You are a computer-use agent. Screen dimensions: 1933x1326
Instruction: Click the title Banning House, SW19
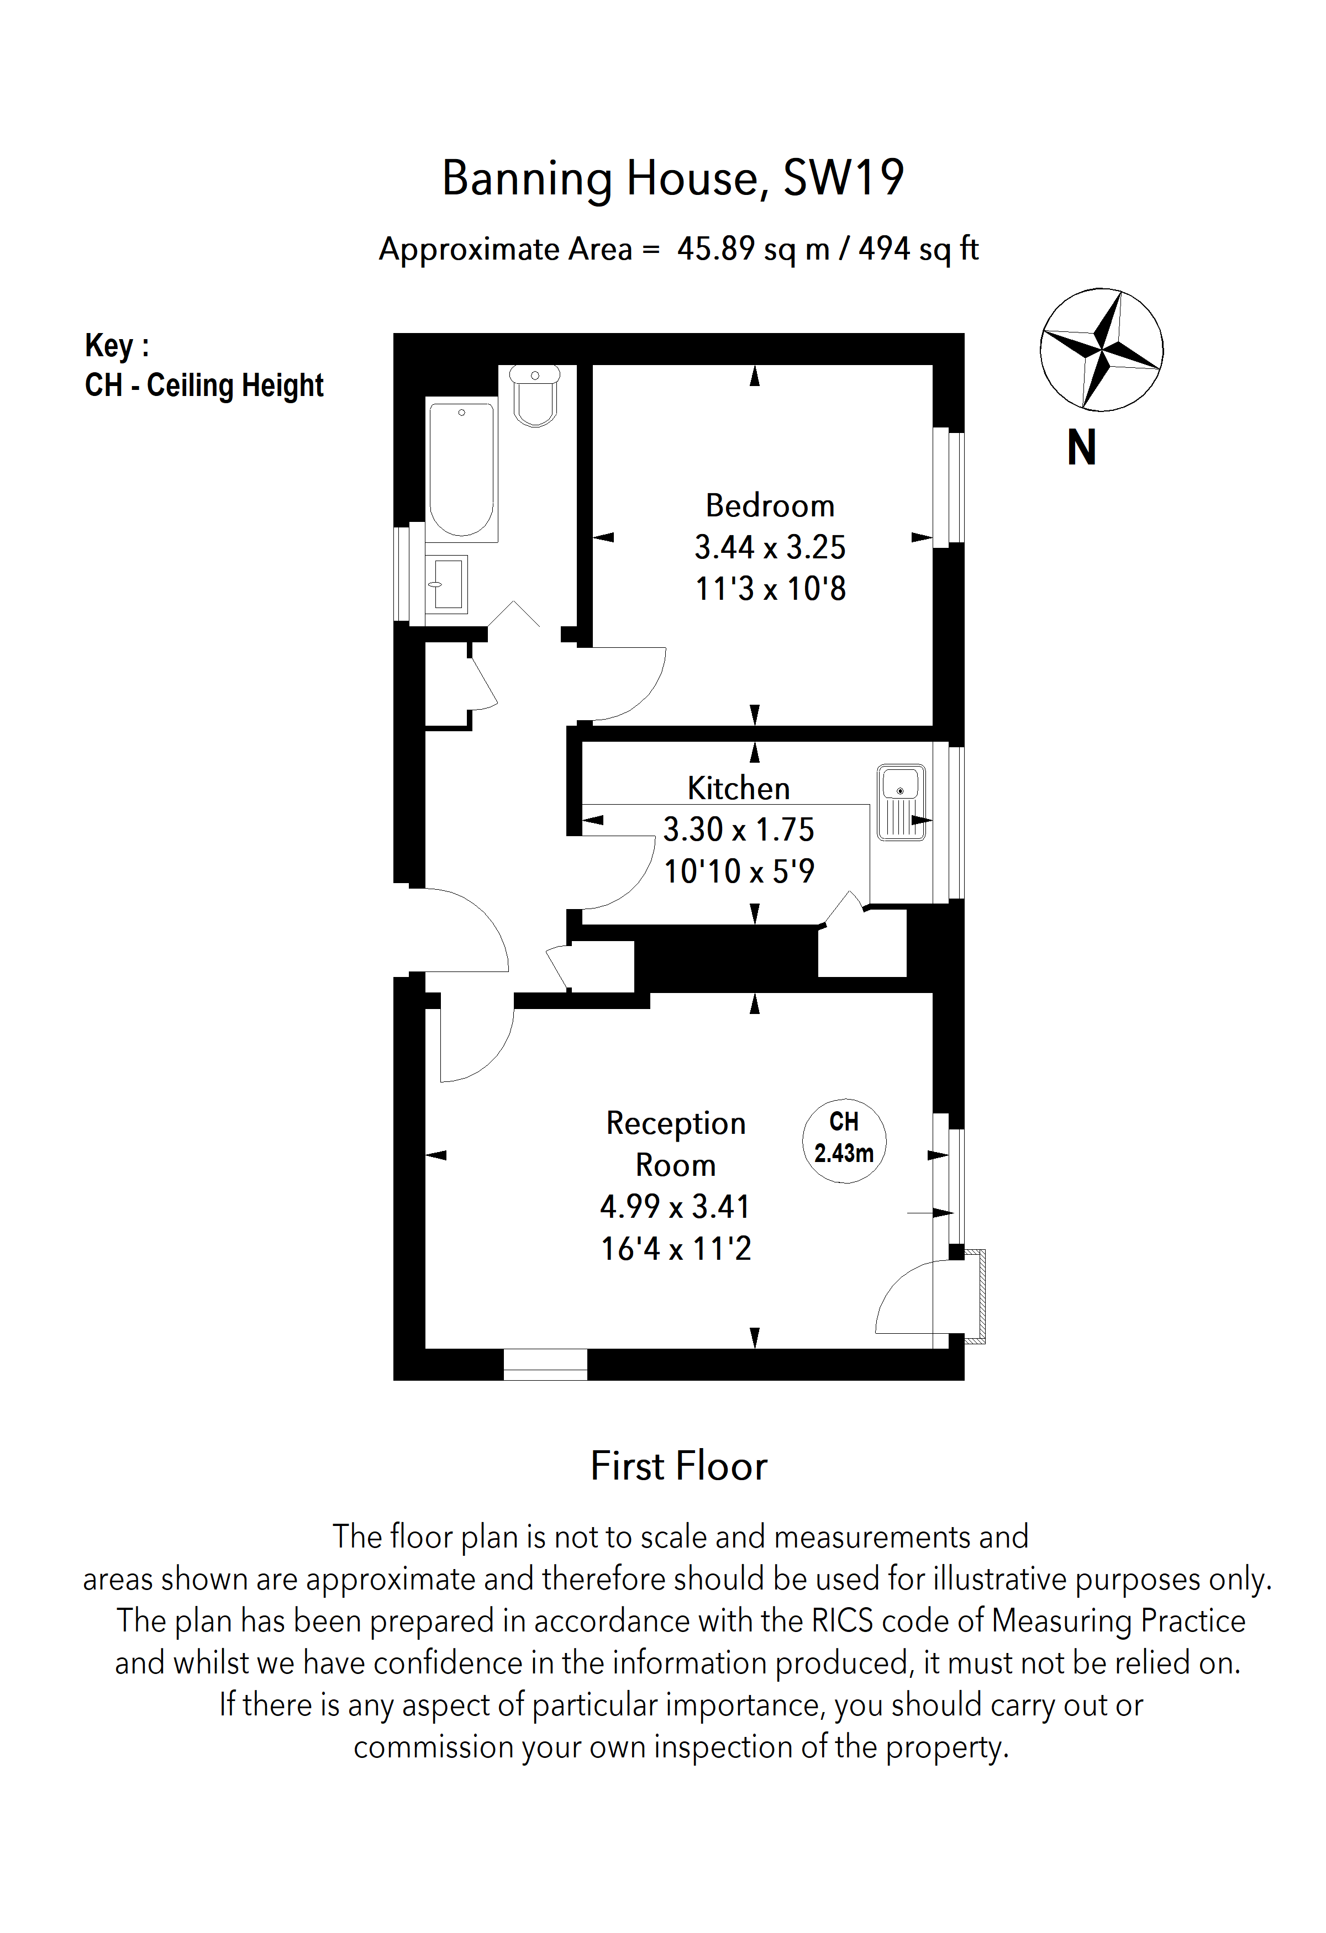[672, 178]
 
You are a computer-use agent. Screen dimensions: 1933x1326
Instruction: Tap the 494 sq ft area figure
[918, 249]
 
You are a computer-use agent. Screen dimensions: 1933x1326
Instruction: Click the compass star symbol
[1101, 350]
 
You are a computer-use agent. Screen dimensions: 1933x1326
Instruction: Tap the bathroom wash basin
[447, 584]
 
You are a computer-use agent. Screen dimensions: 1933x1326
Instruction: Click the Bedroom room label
[770, 506]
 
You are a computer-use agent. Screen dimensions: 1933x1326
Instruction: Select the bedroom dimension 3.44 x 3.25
[770, 547]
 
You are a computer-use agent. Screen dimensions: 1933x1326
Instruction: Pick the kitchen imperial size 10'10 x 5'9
[738, 871]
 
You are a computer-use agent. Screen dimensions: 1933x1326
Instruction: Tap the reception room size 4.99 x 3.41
[675, 1206]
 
